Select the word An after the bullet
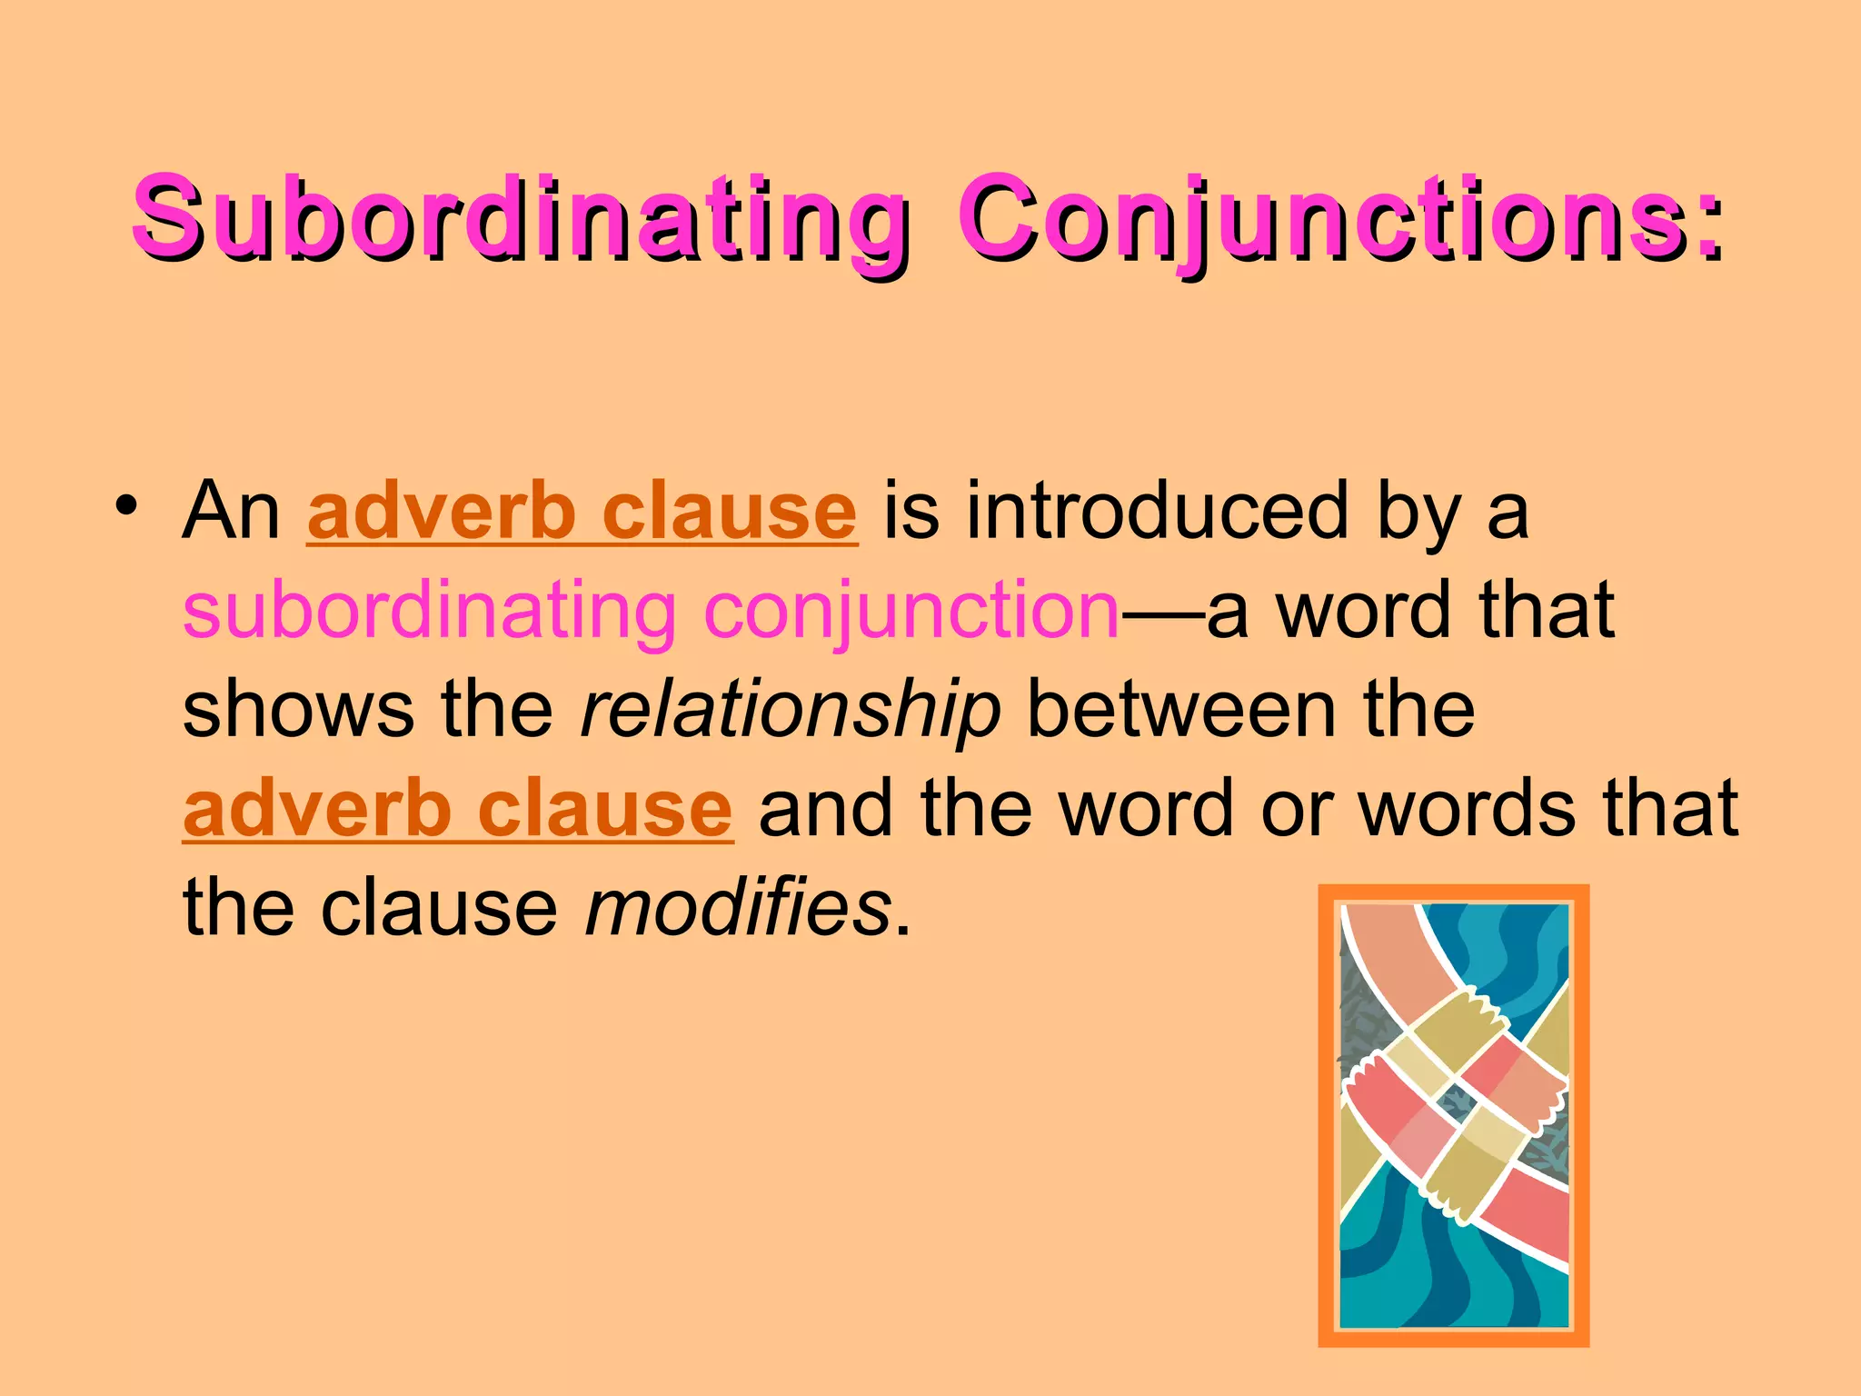tap(232, 512)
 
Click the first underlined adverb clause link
tap(582, 512)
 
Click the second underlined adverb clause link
tap(458, 809)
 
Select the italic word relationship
tap(791, 710)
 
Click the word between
tap(1181, 710)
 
